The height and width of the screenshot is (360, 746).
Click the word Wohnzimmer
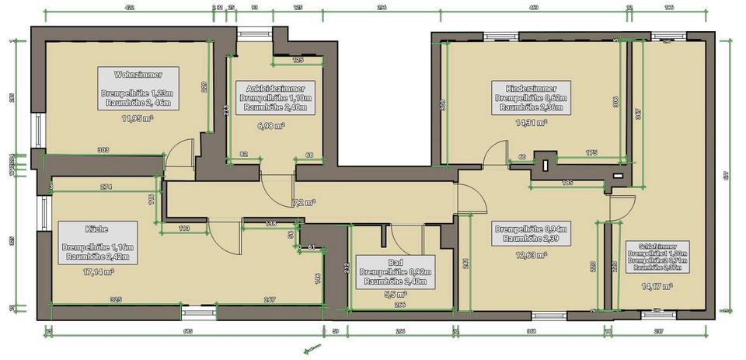(x=138, y=75)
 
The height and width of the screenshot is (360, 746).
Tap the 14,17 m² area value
(x=657, y=285)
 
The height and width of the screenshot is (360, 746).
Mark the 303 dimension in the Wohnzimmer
(x=103, y=149)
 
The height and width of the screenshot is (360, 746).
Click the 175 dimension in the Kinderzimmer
(x=591, y=153)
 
